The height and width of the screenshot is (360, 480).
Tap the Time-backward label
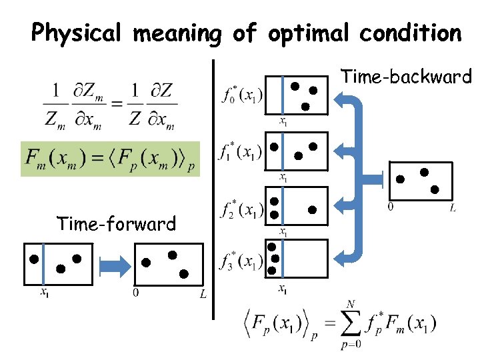tap(406, 77)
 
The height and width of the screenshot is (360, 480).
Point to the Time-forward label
tap(117, 223)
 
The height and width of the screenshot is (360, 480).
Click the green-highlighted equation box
tap(111, 159)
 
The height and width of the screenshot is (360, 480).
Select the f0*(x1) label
tap(241, 94)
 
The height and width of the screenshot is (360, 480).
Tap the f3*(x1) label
tap(241, 262)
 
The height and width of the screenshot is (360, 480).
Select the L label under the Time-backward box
tap(453, 209)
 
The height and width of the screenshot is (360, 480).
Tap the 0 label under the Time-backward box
tap(390, 208)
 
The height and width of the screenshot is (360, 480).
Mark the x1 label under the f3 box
tap(283, 289)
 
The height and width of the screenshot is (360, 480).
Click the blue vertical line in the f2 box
tap(283, 207)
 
